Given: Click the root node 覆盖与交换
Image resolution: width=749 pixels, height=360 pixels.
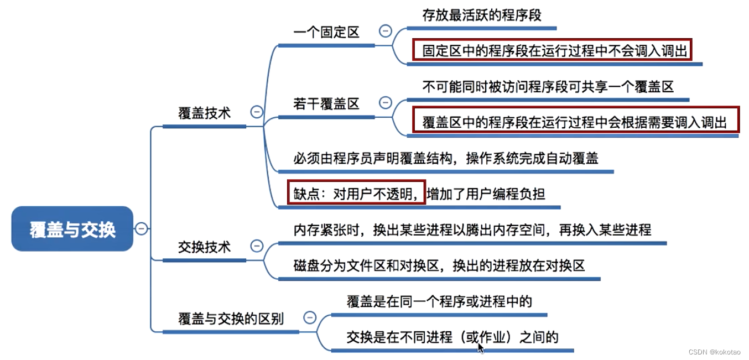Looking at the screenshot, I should (72, 229).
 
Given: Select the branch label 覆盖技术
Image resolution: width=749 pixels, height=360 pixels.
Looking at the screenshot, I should (204, 113).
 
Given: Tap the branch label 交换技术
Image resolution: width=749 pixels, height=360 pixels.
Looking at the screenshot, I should (204, 247).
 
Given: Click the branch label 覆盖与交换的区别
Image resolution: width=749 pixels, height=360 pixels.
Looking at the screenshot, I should (231, 319).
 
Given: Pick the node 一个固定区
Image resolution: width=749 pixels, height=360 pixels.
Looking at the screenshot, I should (326, 32).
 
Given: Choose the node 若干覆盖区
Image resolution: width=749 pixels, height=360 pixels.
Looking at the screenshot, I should (326, 103).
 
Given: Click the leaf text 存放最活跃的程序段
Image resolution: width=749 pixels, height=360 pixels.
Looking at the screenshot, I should (481, 15).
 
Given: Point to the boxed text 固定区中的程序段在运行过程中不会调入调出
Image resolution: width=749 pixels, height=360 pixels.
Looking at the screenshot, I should (554, 51).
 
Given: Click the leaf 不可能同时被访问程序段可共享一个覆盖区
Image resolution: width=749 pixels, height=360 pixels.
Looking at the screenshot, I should (548, 87).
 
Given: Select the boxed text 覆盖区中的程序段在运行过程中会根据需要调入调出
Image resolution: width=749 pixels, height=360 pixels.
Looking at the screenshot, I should (574, 122).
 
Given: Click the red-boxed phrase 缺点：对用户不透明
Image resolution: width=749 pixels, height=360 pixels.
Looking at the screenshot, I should (356, 193).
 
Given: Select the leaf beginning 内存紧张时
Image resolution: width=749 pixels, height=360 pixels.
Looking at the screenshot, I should (472, 229).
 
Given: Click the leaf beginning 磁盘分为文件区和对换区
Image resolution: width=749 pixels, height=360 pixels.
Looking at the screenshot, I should (439, 265).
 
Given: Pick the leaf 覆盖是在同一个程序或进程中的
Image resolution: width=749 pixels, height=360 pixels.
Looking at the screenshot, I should (439, 301).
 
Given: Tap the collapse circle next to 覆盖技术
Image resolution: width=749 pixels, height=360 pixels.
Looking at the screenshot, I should (257, 112).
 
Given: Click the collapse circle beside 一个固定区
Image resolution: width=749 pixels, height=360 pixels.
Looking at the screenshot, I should (386, 31).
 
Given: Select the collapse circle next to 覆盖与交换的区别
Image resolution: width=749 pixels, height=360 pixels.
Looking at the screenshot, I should (310, 317).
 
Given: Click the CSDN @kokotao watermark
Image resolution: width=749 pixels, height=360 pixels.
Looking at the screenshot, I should (717, 352).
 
